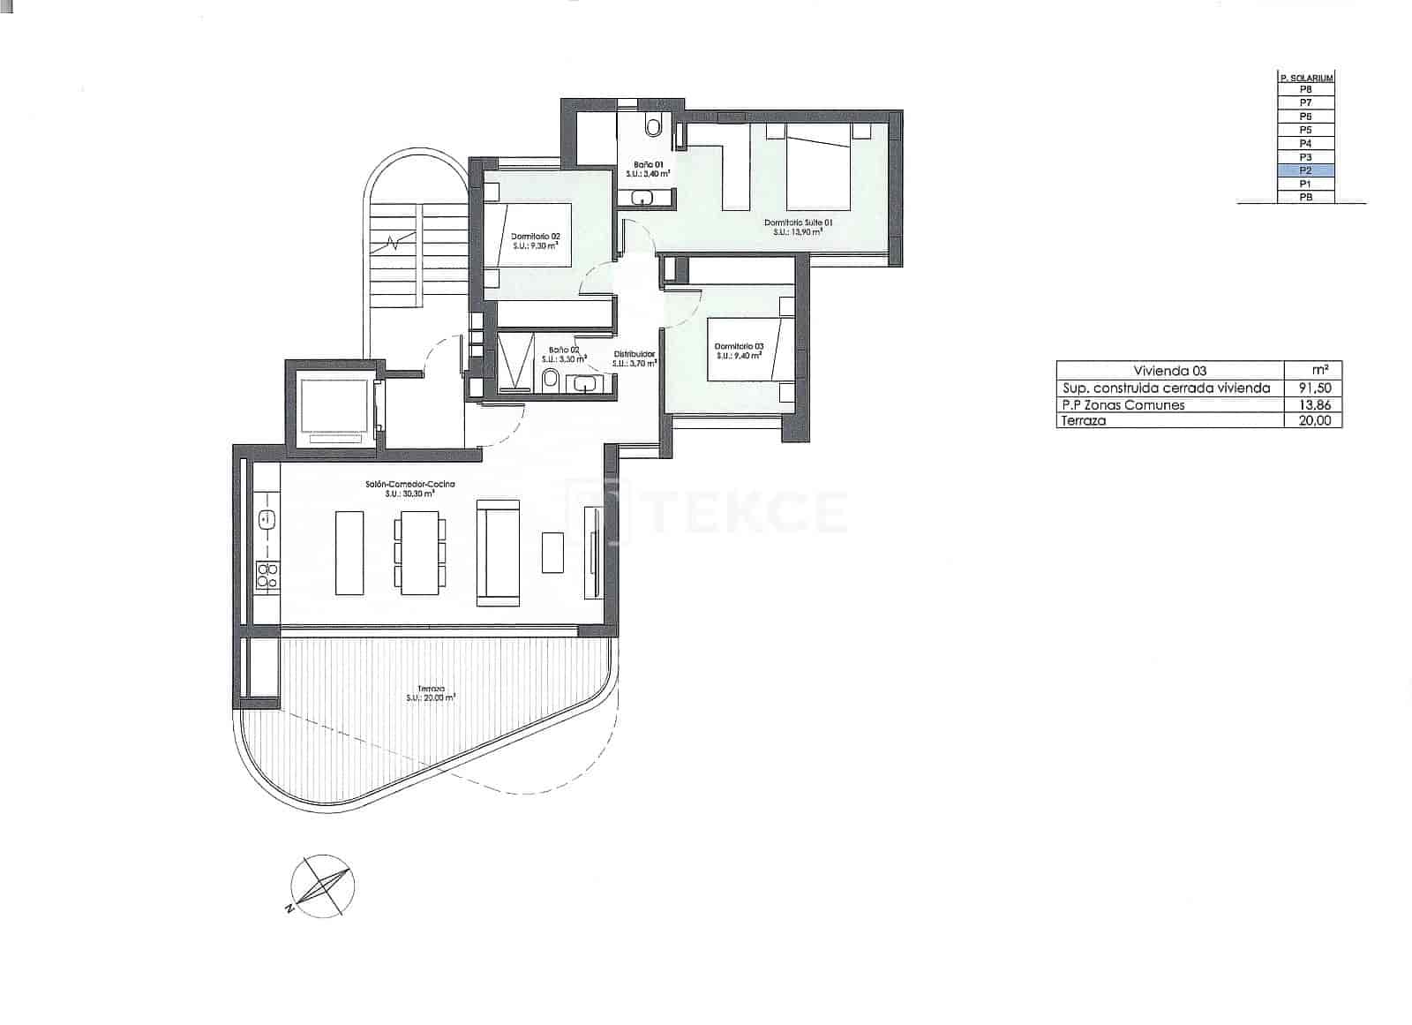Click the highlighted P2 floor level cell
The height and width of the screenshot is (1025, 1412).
(1305, 170)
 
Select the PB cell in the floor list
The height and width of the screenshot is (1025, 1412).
(1305, 198)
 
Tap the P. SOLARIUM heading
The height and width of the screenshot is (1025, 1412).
(1306, 78)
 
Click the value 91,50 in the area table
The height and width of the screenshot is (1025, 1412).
(1313, 388)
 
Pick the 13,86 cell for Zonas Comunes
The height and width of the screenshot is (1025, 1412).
(1313, 405)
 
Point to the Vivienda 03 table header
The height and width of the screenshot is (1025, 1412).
(1169, 371)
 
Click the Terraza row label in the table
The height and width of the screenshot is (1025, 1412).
(1084, 421)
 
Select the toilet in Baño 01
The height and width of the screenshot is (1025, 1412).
(652, 127)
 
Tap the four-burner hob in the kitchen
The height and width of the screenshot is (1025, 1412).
(267, 576)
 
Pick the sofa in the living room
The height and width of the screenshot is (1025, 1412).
(497, 553)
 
